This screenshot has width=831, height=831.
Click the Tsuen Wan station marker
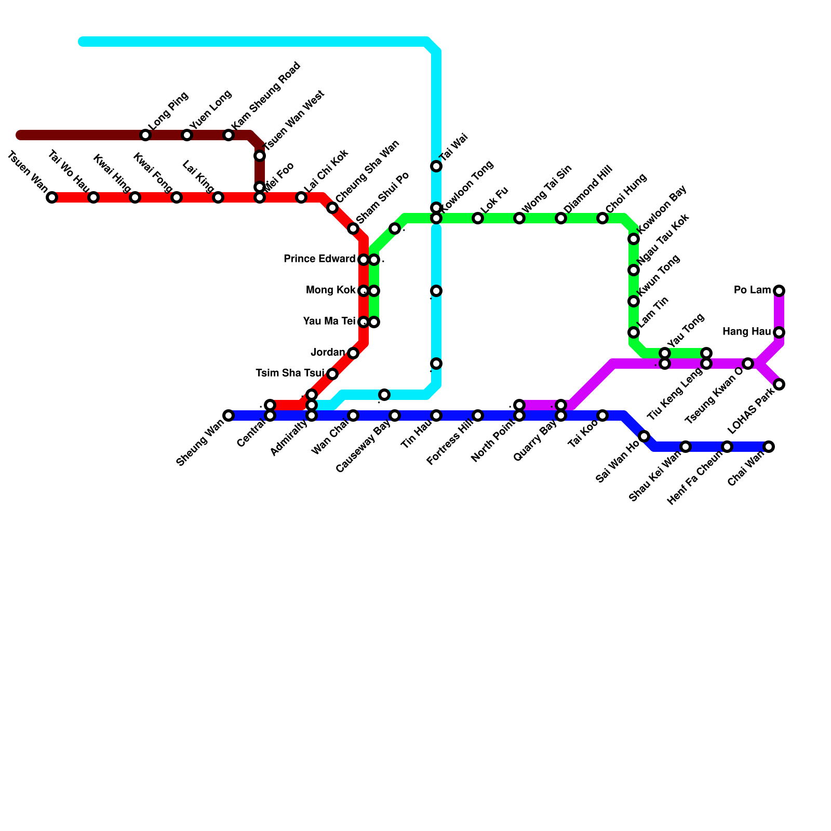pyautogui.click(x=52, y=197)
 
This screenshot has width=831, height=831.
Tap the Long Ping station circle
pyautogui.click(x=145, y=135)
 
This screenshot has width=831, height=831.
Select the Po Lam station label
pyautogui.click(x=752, y=290)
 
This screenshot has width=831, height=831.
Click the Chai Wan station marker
pyautogui.click(x=769, y=447)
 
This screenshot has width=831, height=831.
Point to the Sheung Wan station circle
pyautogui.click(x=229, y=415)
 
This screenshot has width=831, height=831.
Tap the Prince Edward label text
pyautogui.click(x=319, y=259)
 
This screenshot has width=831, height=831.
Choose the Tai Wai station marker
pyautogui.click(x=436, y=166)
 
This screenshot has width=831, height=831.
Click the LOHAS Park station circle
pyautogui.click(x=779, y=384)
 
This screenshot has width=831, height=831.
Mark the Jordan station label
pyautogui.click(x=328, y=353)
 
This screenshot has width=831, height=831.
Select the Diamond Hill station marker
pyautogui.click(x=561, y=218)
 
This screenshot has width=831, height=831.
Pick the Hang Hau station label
pyautogui.click(x=746, y=332)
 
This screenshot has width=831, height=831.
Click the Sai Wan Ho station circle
pyautogui.click(x=644, y=436)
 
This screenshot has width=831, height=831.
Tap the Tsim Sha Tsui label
pyautogui.click(x=290, y=373)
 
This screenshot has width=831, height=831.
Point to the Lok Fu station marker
pyautogui.click(x=478, y=218)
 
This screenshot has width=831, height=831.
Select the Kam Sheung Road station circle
pyautogui.click(x=229, y=135)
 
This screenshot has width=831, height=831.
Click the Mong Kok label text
pyautogui.click(x=331, y=290)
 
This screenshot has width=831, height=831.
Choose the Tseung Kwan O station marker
pyautogui.click(x=748, y=364)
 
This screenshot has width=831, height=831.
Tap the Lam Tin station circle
pyautogui.click(x=634, y=332)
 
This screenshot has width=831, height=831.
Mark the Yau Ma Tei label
pyautogui.click(x=329, y=321)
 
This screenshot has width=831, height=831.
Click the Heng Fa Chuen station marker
pyautogui.click(x=727, y=447)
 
